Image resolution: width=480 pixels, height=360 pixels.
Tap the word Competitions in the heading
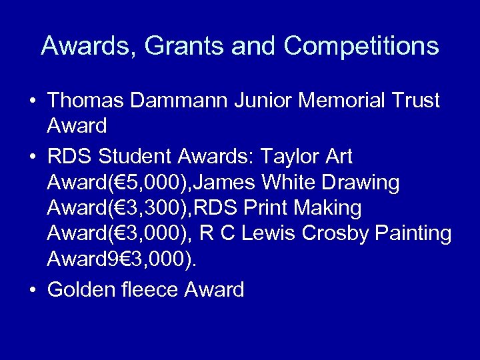[361, 47]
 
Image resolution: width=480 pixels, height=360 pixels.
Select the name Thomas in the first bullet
[85, 101]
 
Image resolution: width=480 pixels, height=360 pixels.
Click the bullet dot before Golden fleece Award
[32, 291]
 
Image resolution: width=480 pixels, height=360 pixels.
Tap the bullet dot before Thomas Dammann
[32, 101]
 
